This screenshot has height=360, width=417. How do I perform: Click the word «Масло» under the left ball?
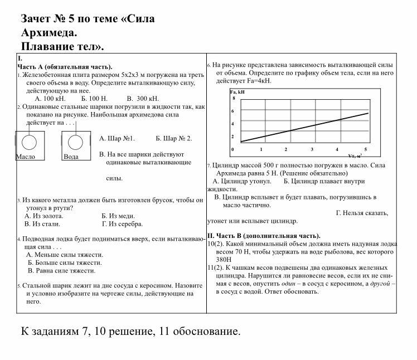[25, 157]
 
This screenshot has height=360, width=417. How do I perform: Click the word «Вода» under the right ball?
[71, 157]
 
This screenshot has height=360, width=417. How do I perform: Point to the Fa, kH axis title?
[237, 91]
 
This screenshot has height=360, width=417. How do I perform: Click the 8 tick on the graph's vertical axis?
[234, 98]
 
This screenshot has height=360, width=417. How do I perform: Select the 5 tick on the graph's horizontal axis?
[366, 149]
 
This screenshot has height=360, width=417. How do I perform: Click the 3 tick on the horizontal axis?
[312, 149]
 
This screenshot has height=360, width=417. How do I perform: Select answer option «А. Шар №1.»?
[117, 138]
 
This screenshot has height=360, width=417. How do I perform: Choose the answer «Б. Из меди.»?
[119, 216]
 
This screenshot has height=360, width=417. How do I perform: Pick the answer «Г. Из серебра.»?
[122, 224]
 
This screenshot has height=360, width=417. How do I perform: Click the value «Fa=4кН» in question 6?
[257, 81]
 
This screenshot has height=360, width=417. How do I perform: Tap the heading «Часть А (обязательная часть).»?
[65, 66]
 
